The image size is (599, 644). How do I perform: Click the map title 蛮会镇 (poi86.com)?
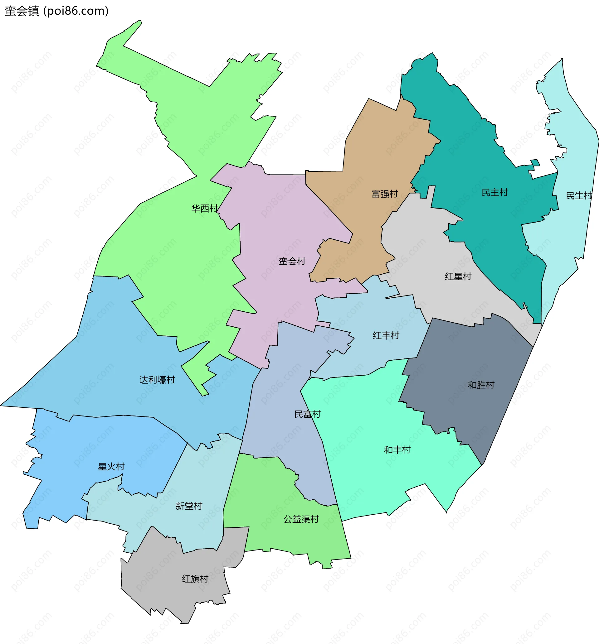click(x=57, y=11)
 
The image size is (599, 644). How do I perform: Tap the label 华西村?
click(x=204, y=209)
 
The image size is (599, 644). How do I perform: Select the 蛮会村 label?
click(x=292, y=261)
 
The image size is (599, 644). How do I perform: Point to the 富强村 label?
click(x=384, y=194)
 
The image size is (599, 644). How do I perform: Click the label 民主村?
click(x=494, y=193)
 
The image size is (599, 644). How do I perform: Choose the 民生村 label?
click(x=579, y=195)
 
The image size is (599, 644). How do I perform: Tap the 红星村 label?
click(x=458, y=276)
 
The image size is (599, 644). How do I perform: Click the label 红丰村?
click(x=386, y=335)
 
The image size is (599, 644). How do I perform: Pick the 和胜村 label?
click(x=481, y=385)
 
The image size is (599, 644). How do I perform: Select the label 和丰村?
click(x=397, y=450)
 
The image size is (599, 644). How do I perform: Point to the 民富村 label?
click(x=307, y=414)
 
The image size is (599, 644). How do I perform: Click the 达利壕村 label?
click(x=157, y=380)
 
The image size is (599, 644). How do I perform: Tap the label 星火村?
click(x=111, y=467)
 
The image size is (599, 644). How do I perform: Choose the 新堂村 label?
click(x=189, y=506)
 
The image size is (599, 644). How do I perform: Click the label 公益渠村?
click(x=301, y=519)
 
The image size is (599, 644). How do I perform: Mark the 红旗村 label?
click(x=195, y=579)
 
